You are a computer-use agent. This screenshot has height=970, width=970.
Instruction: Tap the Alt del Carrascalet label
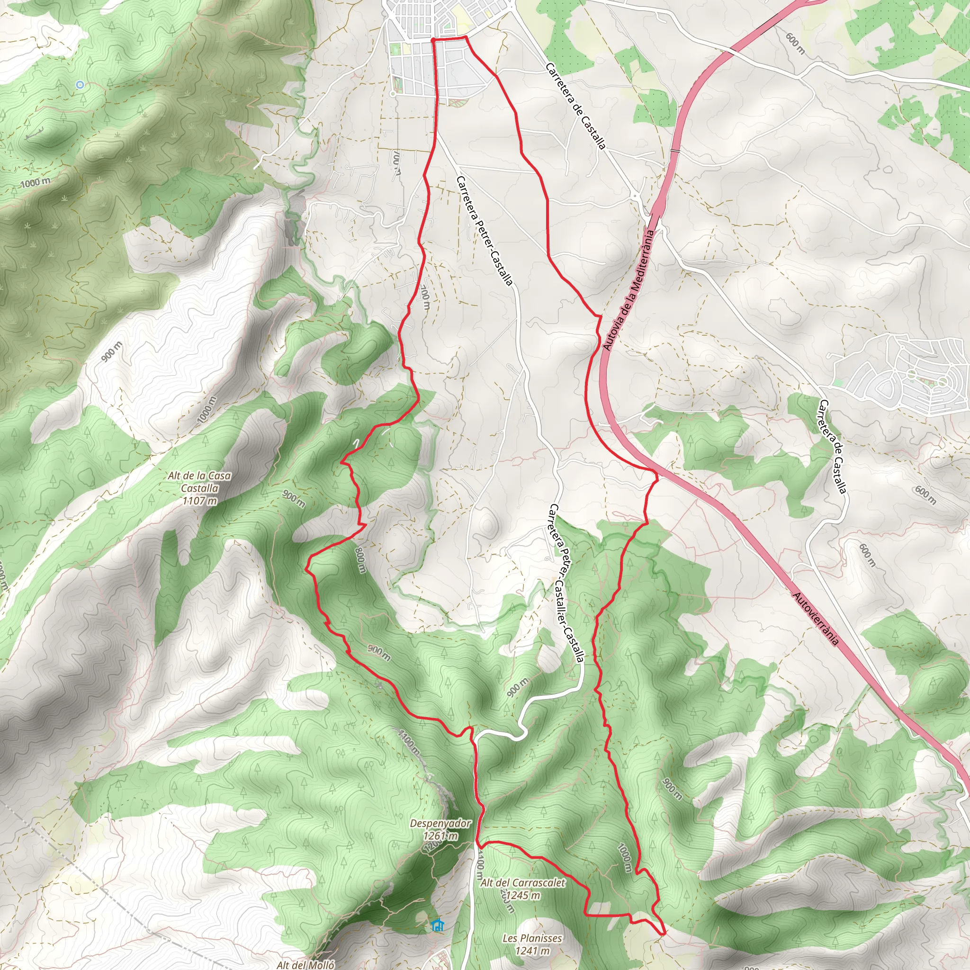point(523,883)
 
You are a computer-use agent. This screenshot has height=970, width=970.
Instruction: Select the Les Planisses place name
point(532,938)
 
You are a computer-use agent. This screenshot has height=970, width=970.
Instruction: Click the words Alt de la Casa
point(200,476)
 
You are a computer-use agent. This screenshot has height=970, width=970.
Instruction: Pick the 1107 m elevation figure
point(200,501)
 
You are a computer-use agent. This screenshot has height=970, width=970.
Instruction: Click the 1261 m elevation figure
point(440,836)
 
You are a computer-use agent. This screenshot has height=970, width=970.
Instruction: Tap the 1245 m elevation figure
point(523,895)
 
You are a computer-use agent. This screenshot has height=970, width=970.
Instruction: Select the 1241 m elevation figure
point(532,951)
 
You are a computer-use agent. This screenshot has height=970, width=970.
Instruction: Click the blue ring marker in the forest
point(79,85)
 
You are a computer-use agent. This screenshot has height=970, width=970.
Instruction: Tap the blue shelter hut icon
point(437,925)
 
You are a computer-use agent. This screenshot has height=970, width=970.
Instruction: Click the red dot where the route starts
point(433,38)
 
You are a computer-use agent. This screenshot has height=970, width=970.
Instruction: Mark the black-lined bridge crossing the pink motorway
point(675,150)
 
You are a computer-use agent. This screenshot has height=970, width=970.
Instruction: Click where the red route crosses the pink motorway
point(654,472)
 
